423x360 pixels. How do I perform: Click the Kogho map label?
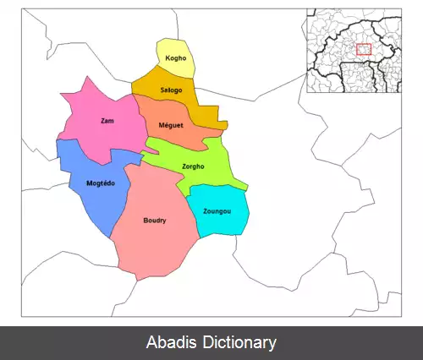(175, 59)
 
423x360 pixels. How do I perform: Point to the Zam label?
(107, 121)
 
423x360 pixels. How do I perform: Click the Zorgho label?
(194, 166)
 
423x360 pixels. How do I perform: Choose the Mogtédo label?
(102, 183)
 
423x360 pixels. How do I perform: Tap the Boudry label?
(155, 221)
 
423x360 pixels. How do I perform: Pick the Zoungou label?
(217, 210)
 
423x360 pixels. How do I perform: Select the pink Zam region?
(97, 135)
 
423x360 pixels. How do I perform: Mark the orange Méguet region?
(182, 135)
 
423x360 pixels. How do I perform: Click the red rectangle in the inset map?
(365, 50)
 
